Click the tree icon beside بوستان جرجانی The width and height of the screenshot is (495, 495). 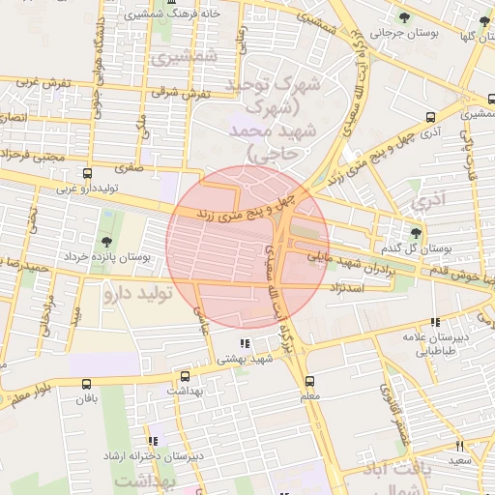click(x=405, y=17)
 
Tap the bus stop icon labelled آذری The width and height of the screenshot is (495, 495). click(x=430, y=117)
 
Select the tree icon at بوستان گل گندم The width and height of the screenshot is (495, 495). click(x=416, y=233)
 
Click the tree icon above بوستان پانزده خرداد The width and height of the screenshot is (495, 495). click(x=105, y=241)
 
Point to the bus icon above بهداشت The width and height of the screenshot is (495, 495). click(x=185, y=375)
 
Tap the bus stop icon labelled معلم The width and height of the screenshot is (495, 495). click(x=309, y=380)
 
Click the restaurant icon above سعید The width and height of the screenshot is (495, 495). click(x=459, y=446)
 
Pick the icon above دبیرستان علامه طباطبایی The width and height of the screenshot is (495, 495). click(x=435, y=322)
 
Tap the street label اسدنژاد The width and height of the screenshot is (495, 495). click(x=347, y=288)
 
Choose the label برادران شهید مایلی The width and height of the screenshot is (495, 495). click(x=345, y=264)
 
